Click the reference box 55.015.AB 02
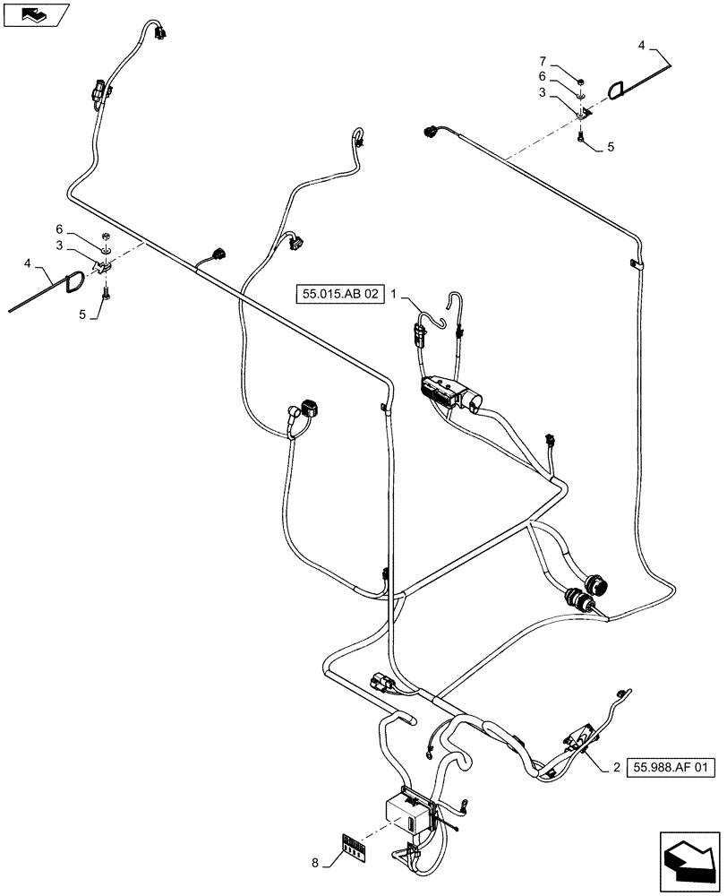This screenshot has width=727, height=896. pos(341,293)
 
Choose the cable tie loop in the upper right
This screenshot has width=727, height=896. pos(617,88)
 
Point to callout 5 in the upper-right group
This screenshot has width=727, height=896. pos(611,145)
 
